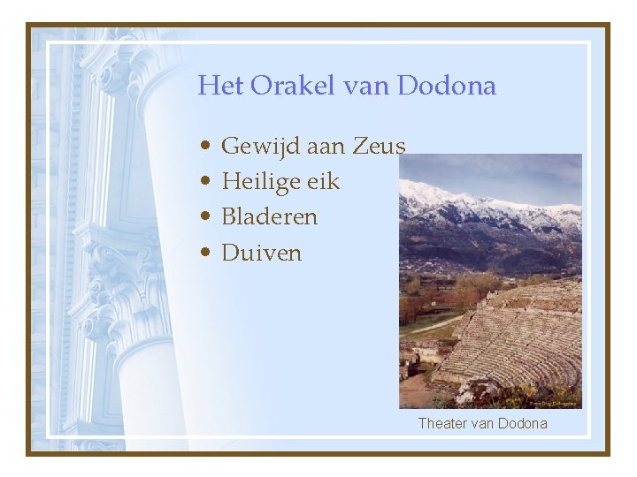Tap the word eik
coord(324,181)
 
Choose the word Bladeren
coord(269,216)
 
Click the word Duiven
coord(261,253)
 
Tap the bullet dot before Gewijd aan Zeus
coord(204,147)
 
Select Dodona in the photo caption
coord(523,423)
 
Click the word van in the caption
coord(483,423)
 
